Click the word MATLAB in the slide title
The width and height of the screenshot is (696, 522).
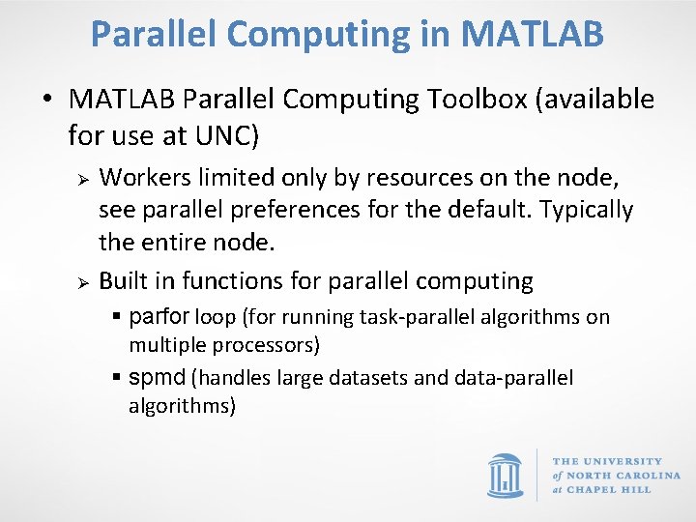[534, 34]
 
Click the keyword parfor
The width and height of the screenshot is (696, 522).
[159, 317]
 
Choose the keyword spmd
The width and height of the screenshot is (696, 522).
[158, 378]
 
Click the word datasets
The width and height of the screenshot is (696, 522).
[368, 378]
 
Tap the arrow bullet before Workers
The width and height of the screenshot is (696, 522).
[84, 180]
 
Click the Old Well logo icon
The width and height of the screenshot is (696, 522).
[506, 475]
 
